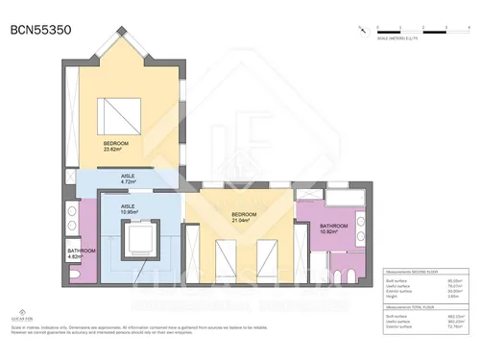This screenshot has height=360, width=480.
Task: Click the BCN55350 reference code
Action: [x=40, y=30]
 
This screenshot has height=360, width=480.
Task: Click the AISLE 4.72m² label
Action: [x=127, y=179]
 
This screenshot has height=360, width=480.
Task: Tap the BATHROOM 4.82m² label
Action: [x=81, y=255]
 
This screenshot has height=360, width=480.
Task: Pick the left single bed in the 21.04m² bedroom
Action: [x=227, y=256]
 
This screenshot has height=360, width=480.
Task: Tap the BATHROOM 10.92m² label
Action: [x=333, y=229]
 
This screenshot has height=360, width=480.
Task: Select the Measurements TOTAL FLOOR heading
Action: [x=414, y=307]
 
